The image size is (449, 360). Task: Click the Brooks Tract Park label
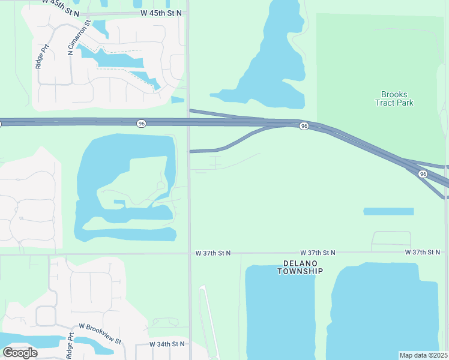394,98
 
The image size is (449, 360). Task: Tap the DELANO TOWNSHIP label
300,267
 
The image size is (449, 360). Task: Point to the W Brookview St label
100,328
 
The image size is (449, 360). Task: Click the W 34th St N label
167,344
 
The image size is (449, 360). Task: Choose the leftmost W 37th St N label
213,254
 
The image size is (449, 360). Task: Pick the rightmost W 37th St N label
425,253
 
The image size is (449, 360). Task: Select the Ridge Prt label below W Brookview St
70,346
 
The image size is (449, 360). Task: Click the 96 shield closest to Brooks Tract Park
304,126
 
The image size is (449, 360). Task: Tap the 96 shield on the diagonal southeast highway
423,174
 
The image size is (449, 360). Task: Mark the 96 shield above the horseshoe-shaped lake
141,123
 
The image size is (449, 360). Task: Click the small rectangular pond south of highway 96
388,211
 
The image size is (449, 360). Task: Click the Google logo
20,352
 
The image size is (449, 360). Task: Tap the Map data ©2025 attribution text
423,355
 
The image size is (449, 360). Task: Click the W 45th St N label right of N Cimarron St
160,13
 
